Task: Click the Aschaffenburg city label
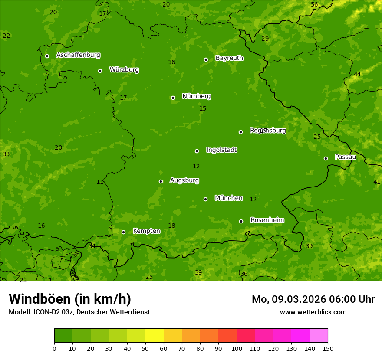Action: point(78,55)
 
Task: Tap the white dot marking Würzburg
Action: point(100,71)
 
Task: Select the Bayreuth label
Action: point(229,58)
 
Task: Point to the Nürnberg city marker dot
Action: point(173,98)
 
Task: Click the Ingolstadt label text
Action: point(221,150)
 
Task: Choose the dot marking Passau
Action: point(326,158)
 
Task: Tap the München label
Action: point(228,198)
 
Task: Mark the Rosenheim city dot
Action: point(241,221)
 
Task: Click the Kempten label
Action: point(146,231)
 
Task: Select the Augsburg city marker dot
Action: point(161,181)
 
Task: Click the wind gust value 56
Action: point(314,5)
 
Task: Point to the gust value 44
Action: point(357,75)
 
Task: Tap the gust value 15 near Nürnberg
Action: point(203,109)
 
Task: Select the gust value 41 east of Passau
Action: point(376,182)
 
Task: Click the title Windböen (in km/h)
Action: point(70,299)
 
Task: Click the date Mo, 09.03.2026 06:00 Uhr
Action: point(313,299)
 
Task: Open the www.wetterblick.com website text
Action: point(313,312)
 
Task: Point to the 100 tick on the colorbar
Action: point(237,348)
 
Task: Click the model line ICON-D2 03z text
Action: point(79,312)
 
